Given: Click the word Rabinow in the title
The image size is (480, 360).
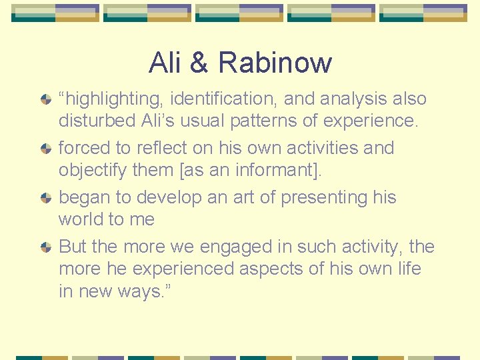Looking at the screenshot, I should tap(275, 63).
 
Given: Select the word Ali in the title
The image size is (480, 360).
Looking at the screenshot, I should tap(165, 63).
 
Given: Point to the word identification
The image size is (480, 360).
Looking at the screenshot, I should tap(225, 99).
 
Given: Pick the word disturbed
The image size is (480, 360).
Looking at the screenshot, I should tap(91, 121).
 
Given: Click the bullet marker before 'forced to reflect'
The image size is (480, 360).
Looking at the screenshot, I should tap(46, 149).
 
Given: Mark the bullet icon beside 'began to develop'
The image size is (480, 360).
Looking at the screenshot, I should tap(46, 198).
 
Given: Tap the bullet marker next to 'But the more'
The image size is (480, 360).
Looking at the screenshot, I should tap(46, 247).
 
